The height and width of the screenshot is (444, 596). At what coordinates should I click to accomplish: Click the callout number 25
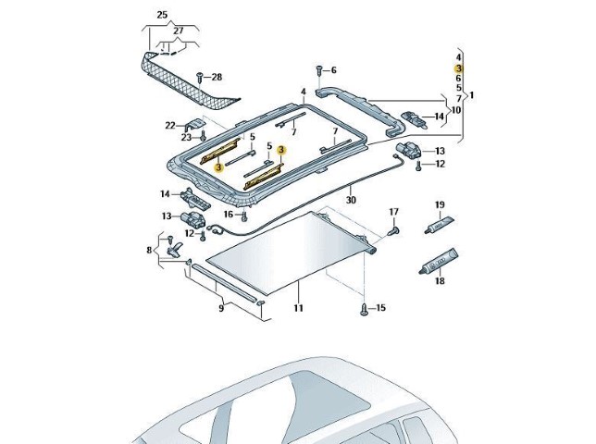(162, 15)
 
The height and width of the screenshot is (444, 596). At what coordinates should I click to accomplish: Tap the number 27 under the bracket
(179, 31)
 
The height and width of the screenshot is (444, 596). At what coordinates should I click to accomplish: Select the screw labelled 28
(200, 78)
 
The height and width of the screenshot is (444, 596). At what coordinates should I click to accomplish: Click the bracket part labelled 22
(195, 126)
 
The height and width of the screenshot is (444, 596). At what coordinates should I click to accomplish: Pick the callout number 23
(186, 137)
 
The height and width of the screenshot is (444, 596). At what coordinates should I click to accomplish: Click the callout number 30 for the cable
(351, 200)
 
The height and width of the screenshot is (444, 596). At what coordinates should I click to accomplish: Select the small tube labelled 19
(439, 225)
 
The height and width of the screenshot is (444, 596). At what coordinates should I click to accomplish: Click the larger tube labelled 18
(439, 261)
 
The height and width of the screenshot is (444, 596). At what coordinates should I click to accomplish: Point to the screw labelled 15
(364, 309)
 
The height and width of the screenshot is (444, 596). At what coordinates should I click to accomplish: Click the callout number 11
(298, 308)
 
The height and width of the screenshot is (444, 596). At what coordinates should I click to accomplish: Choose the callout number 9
(221, 308)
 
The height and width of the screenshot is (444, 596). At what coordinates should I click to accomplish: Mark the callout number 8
(149, 250)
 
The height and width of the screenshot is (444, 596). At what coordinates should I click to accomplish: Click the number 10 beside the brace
(455, 110)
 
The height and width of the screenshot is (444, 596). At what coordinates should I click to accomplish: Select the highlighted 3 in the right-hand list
(458, 68)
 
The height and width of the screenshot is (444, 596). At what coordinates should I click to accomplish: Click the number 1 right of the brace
(472, 95)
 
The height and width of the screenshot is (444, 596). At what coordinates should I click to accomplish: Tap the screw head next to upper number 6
(319, 70)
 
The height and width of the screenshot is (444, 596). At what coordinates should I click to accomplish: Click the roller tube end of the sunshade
(371, 249)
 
